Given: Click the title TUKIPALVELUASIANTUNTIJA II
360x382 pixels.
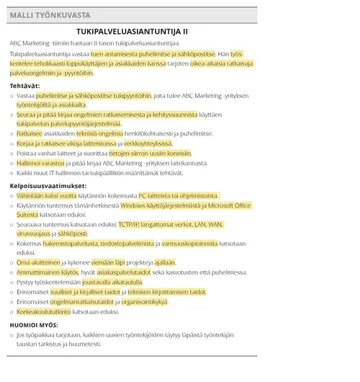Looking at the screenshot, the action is click(x=132, y=32).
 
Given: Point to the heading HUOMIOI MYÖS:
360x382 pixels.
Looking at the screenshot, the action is click(x=34, y=325).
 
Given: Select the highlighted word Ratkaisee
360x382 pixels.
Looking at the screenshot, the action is click(x=30, y=133).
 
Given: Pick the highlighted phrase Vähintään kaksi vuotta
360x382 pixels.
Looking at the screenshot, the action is click(x=47, y=195).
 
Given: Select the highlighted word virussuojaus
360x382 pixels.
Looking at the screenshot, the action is click(x=33, y=234).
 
